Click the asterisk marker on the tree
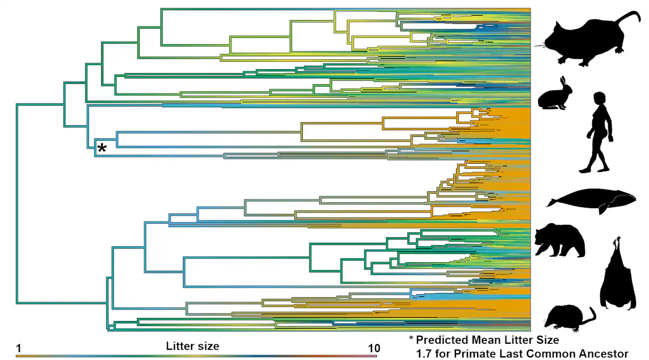point(102,147)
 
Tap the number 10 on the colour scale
point(374,348)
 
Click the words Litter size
point(193,346)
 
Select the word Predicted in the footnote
point(442,341)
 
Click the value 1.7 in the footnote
point(423,354)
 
